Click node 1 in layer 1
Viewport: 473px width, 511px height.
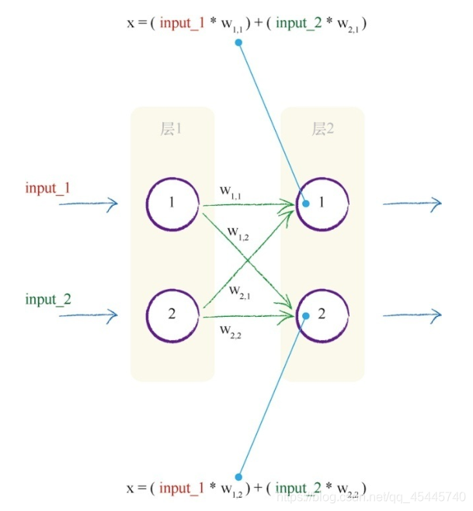(x=172, y=203)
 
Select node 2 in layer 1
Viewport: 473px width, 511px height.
(x=172, y=315)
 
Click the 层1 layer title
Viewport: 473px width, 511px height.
(x=171, y=130)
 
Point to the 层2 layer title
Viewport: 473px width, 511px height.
(x=322, y=130)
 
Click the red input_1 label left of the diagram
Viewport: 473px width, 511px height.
(x=48, y=188)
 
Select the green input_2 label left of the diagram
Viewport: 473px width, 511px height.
(x=48, y=299)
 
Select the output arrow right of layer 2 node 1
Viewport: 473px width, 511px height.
(x=412, y=203)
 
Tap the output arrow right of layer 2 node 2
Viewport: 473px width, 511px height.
(x=412, y=315)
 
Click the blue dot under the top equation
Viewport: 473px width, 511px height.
(x=238, y=42)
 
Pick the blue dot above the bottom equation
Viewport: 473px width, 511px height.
(x=239, y=477)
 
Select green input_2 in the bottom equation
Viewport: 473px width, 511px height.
(x=302, y=488)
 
